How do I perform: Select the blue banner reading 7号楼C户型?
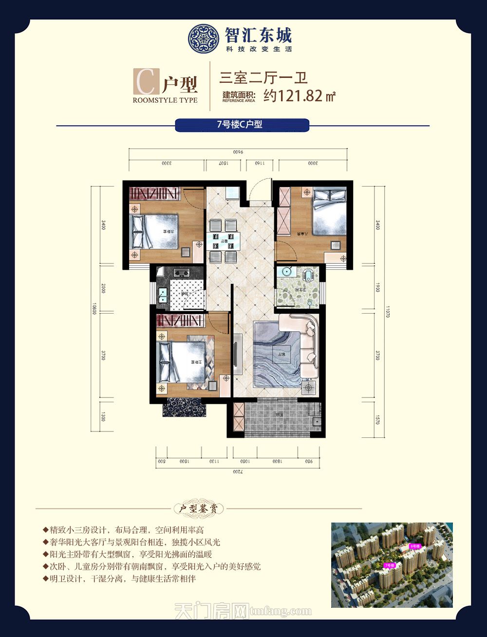point(242,125)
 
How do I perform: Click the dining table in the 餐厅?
point(224,241)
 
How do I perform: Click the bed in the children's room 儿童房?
point(329,211)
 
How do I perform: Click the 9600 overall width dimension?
point(238,152)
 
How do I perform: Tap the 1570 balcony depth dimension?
point(377,419)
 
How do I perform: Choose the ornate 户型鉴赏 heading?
point(199,509)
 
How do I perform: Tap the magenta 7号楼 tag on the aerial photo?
point(389,565)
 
